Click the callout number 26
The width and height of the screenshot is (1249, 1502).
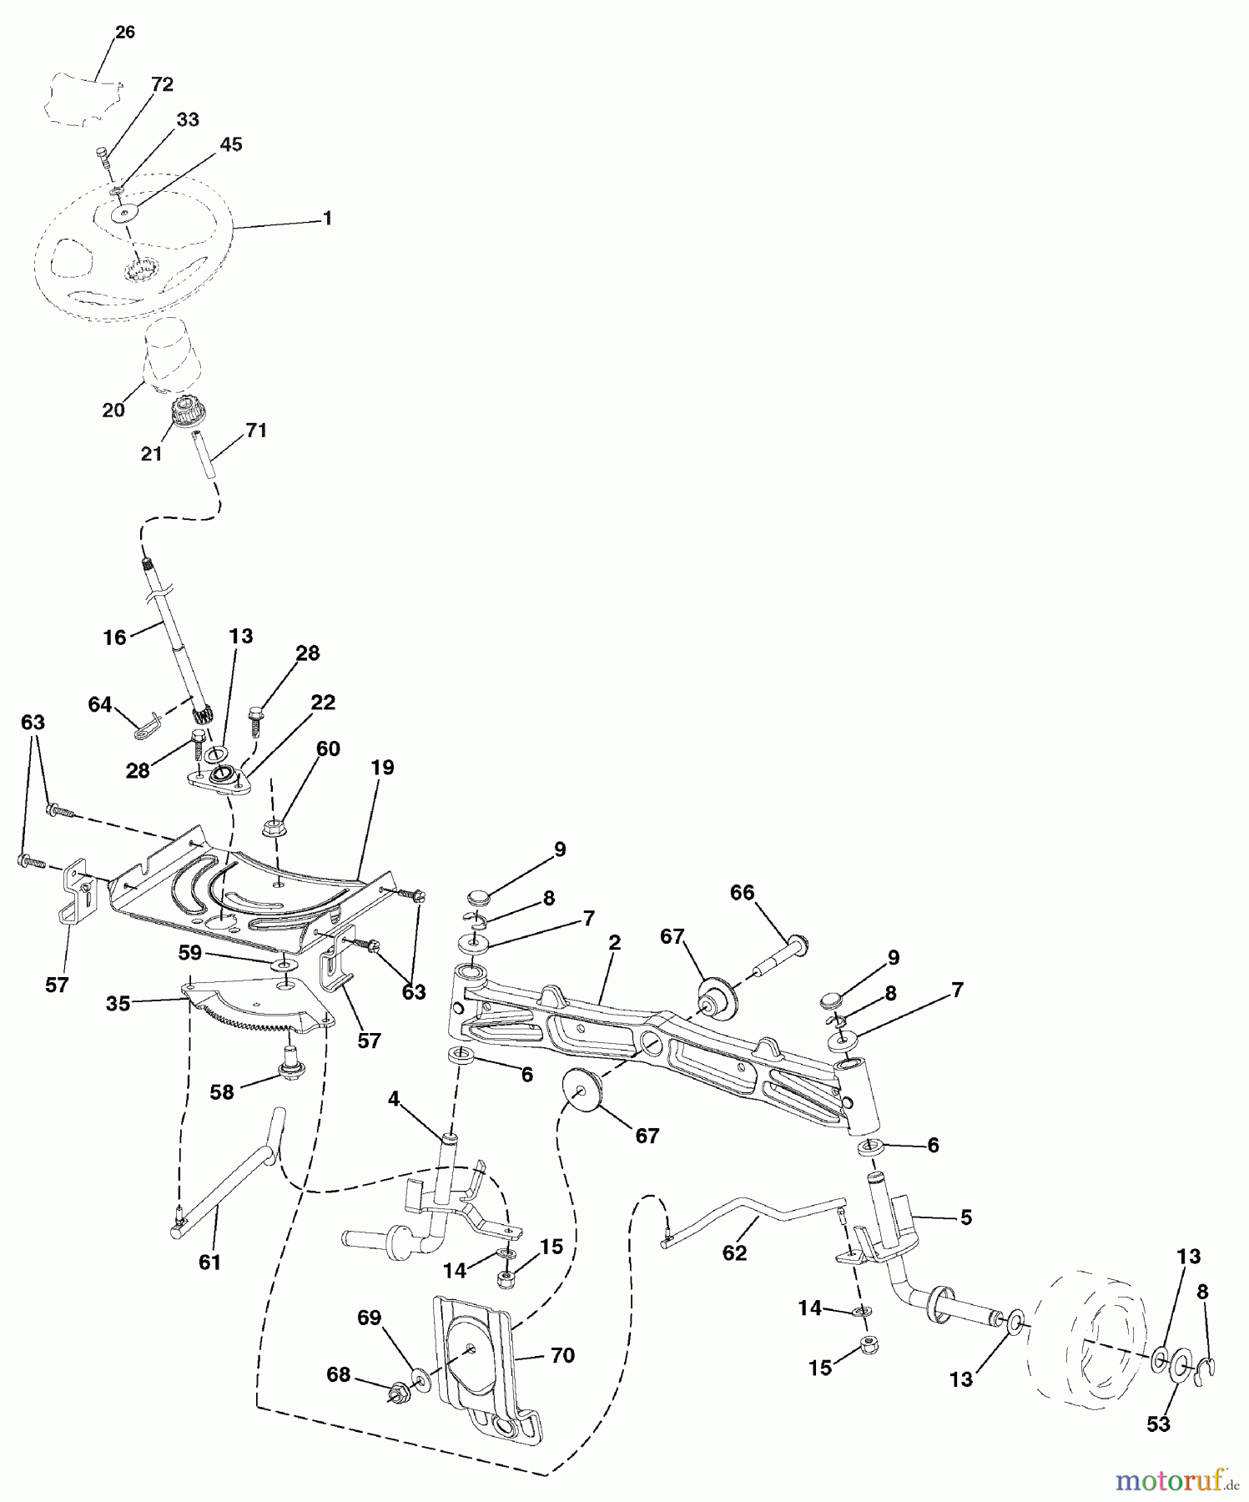tap(124, 33)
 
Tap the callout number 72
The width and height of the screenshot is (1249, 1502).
tap(162, 84)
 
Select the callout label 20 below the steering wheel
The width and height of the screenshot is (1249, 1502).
tap(113, 410)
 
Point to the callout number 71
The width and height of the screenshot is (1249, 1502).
tap(256, 431)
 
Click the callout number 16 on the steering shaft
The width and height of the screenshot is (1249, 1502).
tap(114, 638)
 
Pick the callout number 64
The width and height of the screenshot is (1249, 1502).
tap(99, 705)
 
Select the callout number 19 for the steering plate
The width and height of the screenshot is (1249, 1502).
tap(383, 767)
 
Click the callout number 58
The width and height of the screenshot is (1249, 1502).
tap(221, 1091)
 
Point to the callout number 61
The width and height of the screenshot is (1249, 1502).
tap(209, 1263)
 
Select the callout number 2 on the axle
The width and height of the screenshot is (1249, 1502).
tap(615, 943)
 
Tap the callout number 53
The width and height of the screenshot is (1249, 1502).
tap(1158, 1424)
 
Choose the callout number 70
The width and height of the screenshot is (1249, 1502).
tap(563, 1356)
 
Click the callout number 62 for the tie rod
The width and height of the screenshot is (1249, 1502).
tap(734, 1253)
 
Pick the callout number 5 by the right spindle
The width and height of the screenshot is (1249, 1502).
tap(965, 1217)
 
